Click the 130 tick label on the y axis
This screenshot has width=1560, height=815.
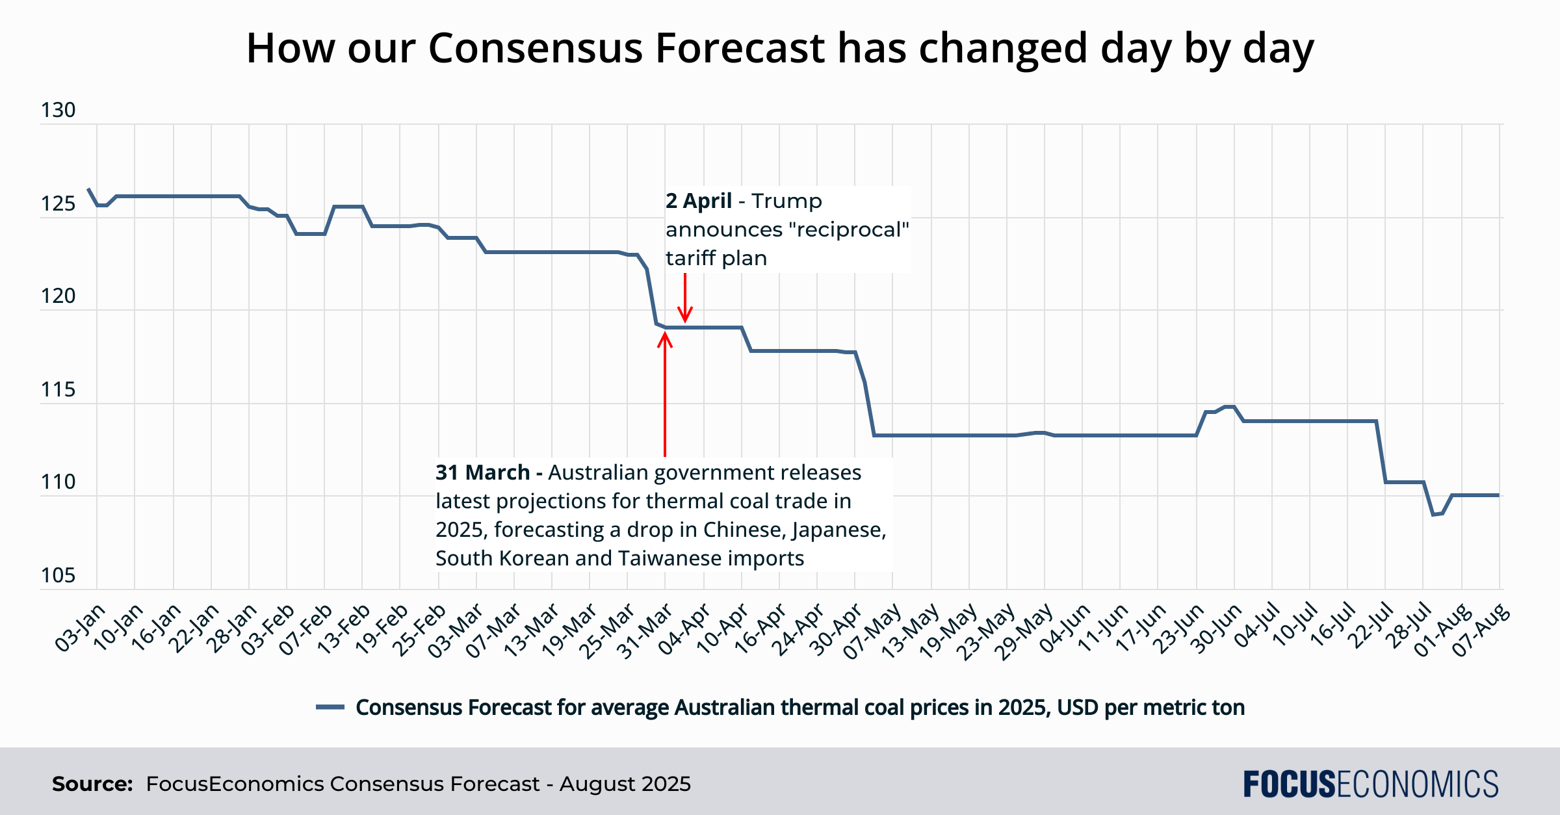58,110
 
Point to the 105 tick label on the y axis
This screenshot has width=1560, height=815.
58,576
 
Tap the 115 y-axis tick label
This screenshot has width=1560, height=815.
58,390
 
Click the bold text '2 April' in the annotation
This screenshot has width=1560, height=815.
699,201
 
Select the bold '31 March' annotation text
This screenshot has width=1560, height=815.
482,472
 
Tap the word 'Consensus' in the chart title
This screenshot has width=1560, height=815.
535,48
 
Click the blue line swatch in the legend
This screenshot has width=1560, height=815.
330,707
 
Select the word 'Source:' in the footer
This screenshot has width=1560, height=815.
92,784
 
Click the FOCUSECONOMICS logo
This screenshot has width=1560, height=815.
1371,784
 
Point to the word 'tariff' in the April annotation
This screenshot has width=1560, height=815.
689,259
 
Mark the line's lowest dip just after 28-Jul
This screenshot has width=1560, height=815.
1433,515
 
